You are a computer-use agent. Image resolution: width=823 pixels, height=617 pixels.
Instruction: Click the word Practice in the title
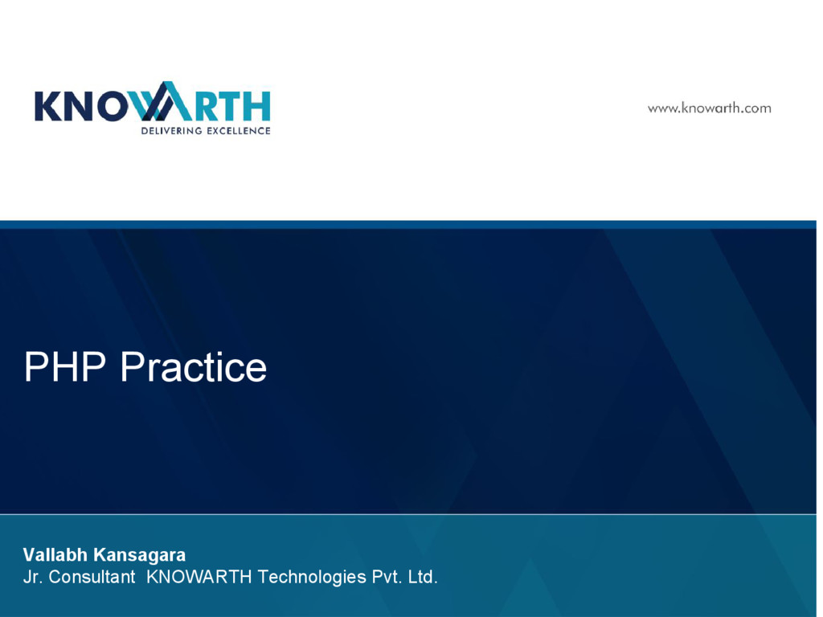(193, 367)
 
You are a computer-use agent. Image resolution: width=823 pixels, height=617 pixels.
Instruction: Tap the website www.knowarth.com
(709, 108)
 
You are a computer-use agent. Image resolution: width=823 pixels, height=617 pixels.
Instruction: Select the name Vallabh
(55, 554)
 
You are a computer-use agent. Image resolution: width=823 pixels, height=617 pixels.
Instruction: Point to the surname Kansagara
(140, 554)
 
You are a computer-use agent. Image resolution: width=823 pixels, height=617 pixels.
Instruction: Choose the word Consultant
(92, 577)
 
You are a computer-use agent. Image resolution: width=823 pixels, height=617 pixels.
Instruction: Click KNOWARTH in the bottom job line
(199, 577)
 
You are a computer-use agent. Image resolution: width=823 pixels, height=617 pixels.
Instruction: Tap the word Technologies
(312, 577)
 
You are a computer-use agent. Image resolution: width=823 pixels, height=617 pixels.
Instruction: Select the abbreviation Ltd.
(423, 577)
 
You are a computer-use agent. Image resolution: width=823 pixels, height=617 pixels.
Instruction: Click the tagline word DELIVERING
(172, 130)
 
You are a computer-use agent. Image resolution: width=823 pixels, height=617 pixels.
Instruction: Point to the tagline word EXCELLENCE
(239, 130)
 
